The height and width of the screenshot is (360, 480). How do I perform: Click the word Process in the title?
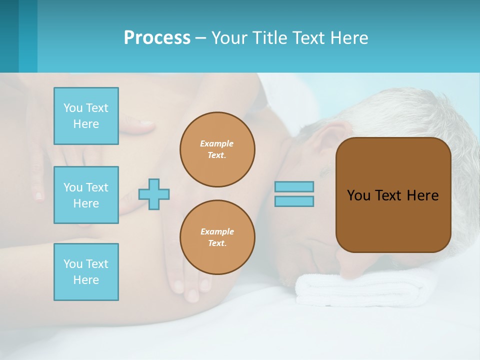coord(157,38)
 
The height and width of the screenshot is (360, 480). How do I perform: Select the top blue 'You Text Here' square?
coord(86,116)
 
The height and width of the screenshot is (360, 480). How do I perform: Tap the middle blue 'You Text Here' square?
coord(86,195)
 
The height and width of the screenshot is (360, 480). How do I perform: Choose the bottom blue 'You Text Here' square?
coord(86,272)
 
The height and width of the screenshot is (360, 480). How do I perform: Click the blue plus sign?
coord(154,194)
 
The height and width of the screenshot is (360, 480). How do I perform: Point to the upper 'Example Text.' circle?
coord(217,149)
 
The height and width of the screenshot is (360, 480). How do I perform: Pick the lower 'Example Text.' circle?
coord(217,237)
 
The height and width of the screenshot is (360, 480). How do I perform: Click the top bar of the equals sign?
coord(294,186)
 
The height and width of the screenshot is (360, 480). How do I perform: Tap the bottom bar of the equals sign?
coord(294,201)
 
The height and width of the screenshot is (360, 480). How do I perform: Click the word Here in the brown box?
coord(422,195)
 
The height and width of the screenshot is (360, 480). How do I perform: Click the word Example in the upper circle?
coord(217,143)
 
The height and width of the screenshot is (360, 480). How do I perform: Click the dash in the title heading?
coord(200,38)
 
